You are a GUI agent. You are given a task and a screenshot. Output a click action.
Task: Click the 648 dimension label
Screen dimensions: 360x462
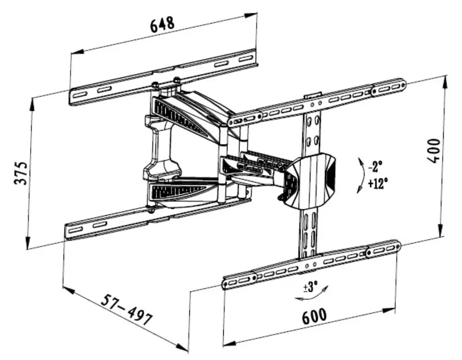pyautogui.click(x=162, y=24)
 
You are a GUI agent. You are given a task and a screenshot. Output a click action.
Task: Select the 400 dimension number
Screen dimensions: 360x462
pyautogui.click(x=433, y=150)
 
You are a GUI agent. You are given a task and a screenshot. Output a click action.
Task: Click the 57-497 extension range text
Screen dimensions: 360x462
pyautogui.click(x=128, y=310)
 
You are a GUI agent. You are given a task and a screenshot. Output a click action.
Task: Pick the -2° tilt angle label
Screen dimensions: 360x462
pyautogui.click(x=375, y=166)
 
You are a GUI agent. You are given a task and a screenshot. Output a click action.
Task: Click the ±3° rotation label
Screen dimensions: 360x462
pyautogui.click(x=310, y=286)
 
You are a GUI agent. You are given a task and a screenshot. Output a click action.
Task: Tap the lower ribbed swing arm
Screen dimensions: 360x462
pyautogui.click(x=184, y=191)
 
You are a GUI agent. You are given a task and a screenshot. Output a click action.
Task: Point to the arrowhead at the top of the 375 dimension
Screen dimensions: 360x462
pyautogui.click(x=32, y=102)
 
